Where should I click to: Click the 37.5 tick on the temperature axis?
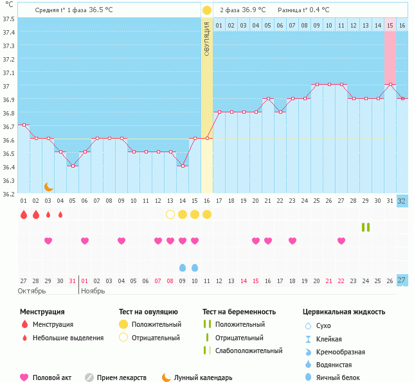(9, 19)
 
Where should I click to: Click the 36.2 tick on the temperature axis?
(9, 193)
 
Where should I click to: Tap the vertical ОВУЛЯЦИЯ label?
(207, 39)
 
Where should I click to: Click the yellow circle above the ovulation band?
(207, 10)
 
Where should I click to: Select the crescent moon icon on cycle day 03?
(48, 186)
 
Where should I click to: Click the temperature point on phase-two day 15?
(390, 84)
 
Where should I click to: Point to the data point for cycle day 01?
(24, 125)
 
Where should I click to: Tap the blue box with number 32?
(402, 201)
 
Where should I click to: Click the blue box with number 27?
(402, 280)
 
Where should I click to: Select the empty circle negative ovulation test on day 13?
(170, 214)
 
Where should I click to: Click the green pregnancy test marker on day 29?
(366, 227)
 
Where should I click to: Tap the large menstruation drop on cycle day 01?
(24, 214)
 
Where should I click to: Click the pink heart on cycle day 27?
(341, 241)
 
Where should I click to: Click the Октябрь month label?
(32, 290)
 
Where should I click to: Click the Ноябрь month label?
(93, 290)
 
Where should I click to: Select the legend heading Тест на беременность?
(239, 312)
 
